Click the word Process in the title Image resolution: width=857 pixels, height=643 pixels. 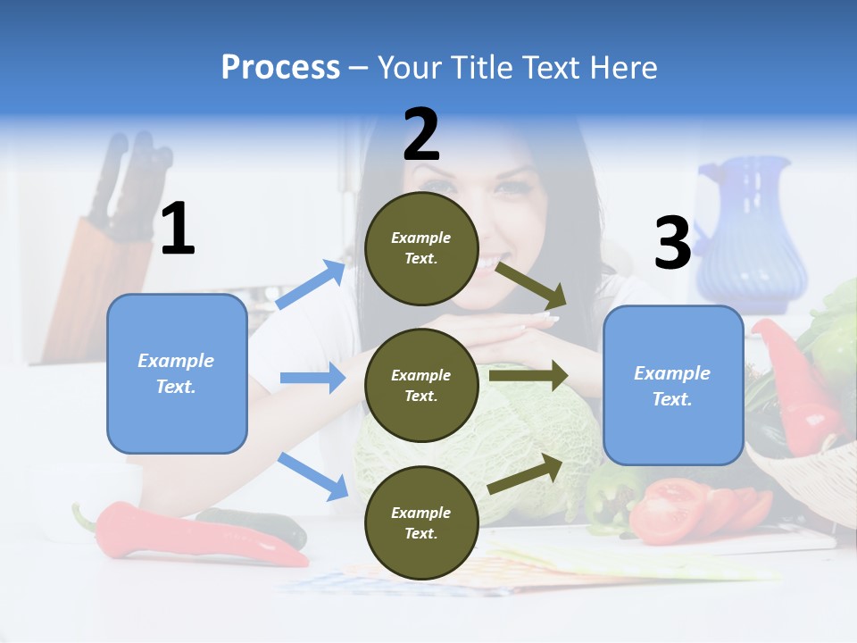click(x=280, y=67)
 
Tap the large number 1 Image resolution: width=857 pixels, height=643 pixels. click(x=178, y=230)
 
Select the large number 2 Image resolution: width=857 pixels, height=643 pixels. click(x=421, y=135)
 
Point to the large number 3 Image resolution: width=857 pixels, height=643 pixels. click(x=672, y=244)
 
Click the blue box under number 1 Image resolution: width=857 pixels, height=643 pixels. click(x=177, y=373)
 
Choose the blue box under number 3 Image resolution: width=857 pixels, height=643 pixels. click(x=673, y=385)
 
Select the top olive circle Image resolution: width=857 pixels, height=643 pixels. click(x=421, y=248)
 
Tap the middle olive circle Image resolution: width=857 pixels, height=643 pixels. click(x=421, y=385)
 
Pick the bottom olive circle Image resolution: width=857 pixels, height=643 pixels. click(x=421, y=522)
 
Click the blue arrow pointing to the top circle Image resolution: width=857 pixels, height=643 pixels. click(x=311, y=285)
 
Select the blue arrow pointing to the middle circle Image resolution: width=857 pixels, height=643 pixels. click(x=312, y=378)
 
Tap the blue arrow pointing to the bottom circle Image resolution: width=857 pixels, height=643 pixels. click(x=312, y=475)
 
